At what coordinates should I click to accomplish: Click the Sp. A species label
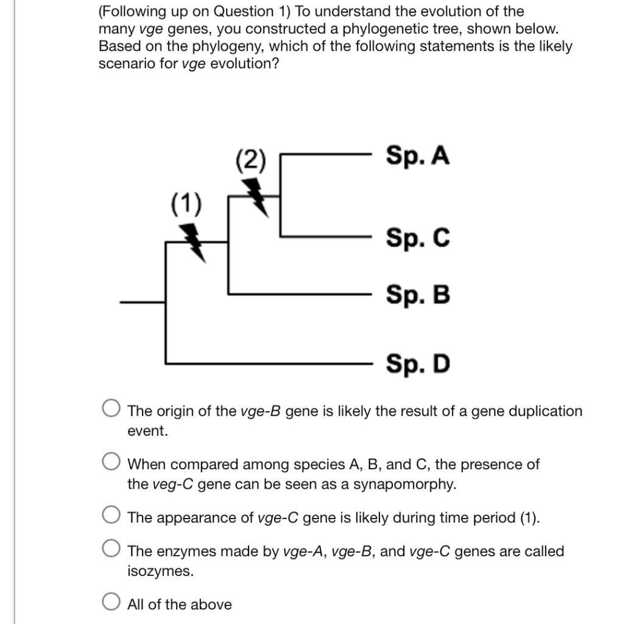click(x=417, y=156)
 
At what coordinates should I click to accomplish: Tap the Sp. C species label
click(x=418, y=238)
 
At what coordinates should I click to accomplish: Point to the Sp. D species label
click(x=418, y=364)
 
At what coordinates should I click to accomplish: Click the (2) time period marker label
click(x=251, y=161)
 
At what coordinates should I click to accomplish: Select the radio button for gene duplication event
click(x=111, y=408)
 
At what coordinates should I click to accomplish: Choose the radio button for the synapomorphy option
click(x=111, y=461)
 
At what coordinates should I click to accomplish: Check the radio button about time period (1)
click(x=111, y=515)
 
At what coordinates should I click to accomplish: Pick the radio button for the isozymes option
click(x=111, y=549)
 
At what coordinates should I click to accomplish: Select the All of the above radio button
click(x=111, y=602)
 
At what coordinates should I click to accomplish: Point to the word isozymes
click(x=160, y=572)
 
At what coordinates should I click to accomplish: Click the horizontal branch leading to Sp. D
click(x=268, y=363)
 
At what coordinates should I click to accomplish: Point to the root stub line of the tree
click(x=143, y=302)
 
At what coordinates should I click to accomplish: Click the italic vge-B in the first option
click(x=260, y=411)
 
